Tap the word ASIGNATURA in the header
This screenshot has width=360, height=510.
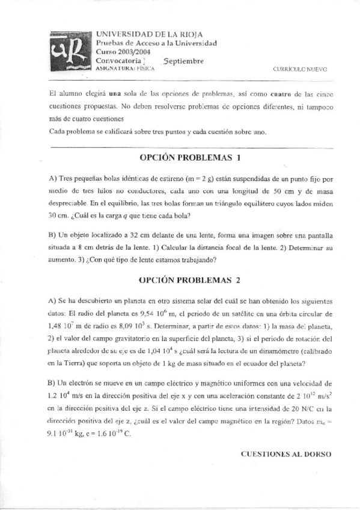(114, 69)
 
